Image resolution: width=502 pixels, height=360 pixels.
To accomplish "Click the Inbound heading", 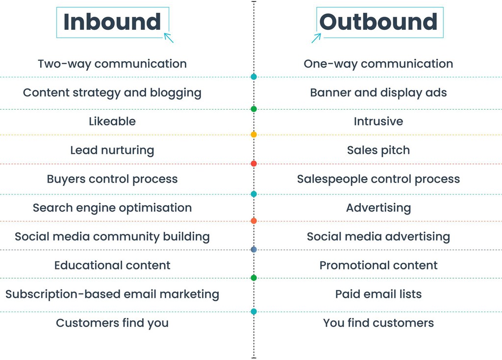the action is click(112, 22).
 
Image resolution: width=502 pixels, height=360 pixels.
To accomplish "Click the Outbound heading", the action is click(378, 22).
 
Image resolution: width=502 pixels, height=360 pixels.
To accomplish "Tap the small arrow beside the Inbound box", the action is click(169, 38).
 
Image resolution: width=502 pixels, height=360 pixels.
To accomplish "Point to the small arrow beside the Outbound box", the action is click(316, 38).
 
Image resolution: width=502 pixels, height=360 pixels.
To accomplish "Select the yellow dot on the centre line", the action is click(253, 134).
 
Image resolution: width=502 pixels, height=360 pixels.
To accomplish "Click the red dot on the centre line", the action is click(253, 164).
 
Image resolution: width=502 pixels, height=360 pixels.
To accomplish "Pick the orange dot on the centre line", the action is click(253, 221).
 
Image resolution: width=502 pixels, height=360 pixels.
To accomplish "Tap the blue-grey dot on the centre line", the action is click(253, 249).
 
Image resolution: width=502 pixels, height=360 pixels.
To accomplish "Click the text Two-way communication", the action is click(112, 64).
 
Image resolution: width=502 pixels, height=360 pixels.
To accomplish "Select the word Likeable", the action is click(112, 121).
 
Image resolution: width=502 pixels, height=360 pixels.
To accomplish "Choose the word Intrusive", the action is click(378, 121).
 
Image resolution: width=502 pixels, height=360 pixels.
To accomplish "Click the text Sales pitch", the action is click(378, 150).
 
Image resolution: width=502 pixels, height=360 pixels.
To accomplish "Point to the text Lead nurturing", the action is click(112, 150).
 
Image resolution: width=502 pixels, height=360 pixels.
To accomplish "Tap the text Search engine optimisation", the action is click(112, 208).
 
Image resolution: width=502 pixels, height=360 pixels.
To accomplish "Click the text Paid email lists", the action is click(378, 294).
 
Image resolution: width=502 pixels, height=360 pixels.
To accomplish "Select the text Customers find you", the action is click(112, 323).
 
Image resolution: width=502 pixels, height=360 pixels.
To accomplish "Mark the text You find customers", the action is click(378, 323).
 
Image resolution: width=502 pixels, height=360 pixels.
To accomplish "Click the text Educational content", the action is click(112, 265).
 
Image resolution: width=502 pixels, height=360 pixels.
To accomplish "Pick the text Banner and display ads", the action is click(378, 93).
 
